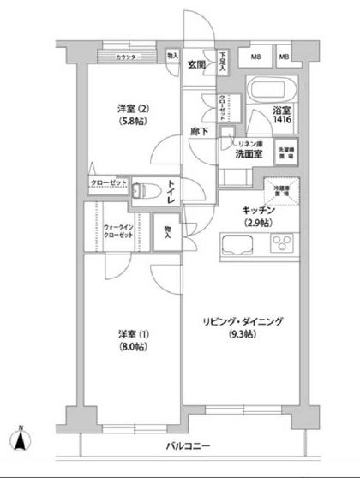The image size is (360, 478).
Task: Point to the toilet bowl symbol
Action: (x=145, y=189)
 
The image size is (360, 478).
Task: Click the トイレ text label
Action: (x=171, y=189)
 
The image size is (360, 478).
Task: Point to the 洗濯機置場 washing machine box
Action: (x=286, y=155)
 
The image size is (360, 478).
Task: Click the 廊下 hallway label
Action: (x=200, y=133)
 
